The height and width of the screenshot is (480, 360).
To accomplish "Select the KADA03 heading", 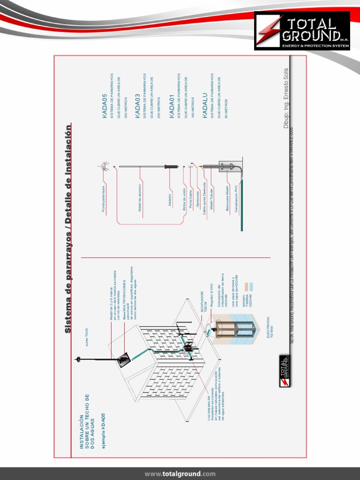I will click(x=138, y=106).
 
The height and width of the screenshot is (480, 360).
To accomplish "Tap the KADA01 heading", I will click(x=172, y=106).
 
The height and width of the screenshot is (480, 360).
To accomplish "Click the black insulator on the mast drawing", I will click(x=170, y=166).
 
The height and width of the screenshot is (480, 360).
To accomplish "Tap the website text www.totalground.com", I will click(x=180, y=473).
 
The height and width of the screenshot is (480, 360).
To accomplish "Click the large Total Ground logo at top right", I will click(x=302, y=31).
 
